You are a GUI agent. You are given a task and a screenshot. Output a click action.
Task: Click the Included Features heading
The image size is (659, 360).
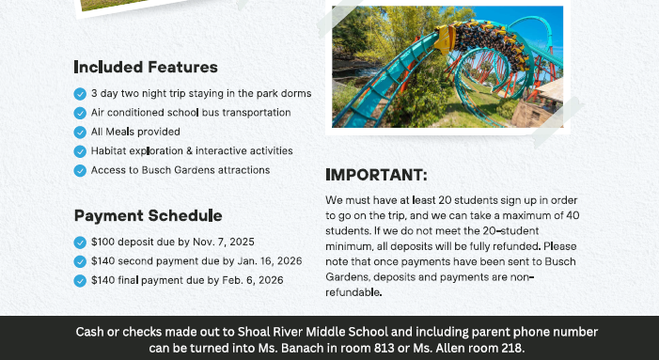click(146, 67)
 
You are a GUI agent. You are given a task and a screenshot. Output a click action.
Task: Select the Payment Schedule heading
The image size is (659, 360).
click(148, 215)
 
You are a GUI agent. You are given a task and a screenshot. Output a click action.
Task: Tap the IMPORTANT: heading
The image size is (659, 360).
click(376, 175)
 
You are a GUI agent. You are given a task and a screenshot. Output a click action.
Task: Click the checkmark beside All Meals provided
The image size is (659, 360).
click(80, 132)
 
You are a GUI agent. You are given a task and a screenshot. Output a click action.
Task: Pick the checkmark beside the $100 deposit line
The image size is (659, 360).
click(80, 243)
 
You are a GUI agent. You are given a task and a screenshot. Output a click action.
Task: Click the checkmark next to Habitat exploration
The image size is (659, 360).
click(80, 151)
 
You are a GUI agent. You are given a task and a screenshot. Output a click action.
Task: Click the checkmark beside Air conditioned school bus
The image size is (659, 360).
click(80, 113)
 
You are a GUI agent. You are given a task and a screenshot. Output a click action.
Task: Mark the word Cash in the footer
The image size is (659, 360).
click(90, 332)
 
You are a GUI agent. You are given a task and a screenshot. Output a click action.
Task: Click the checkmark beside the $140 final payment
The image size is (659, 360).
click(80, 280)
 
